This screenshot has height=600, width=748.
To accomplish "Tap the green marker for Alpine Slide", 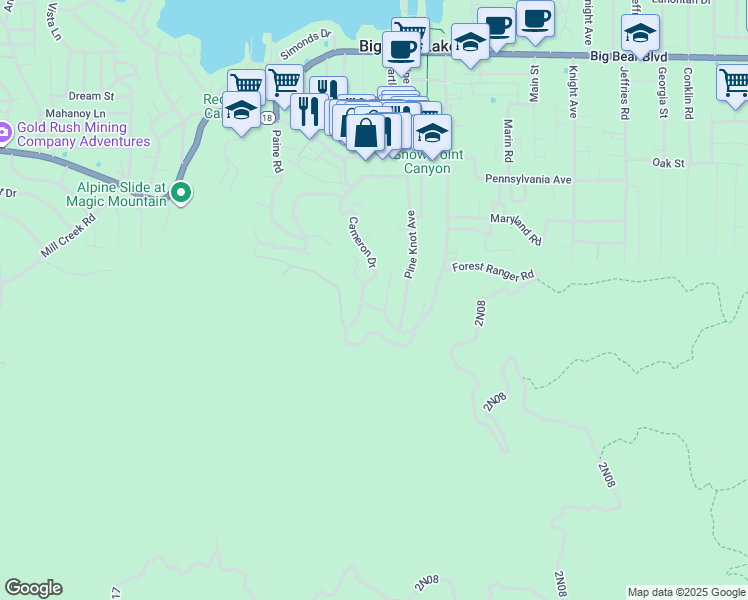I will coord(181,192).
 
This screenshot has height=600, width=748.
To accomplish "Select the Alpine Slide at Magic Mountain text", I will coord(121,194).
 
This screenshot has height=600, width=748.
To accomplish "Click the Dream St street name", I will coord(92,96).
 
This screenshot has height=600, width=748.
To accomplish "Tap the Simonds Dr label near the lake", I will coord(305,43).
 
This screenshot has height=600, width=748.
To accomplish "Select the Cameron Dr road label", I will coord(361,242).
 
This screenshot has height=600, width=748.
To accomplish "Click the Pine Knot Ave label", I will coord(410,244).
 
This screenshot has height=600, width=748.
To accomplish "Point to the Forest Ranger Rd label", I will coord(493,271).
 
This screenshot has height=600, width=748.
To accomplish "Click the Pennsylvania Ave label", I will coord(528,179).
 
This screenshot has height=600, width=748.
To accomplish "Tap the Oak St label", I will coord(667,162).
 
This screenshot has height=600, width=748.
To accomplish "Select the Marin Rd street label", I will coord(508,141).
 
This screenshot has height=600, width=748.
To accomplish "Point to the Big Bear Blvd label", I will coord(628,57).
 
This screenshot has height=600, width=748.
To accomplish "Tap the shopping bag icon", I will coord(366,132).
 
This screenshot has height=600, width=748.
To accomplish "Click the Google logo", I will coord(33,588).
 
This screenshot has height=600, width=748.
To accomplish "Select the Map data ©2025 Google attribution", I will coord(686,592).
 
